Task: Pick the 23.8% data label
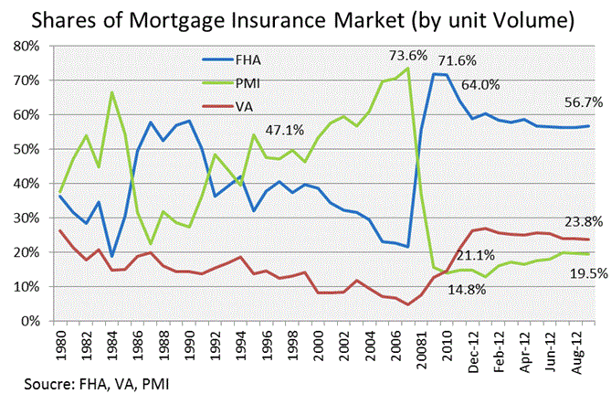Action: tap(575, 222)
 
